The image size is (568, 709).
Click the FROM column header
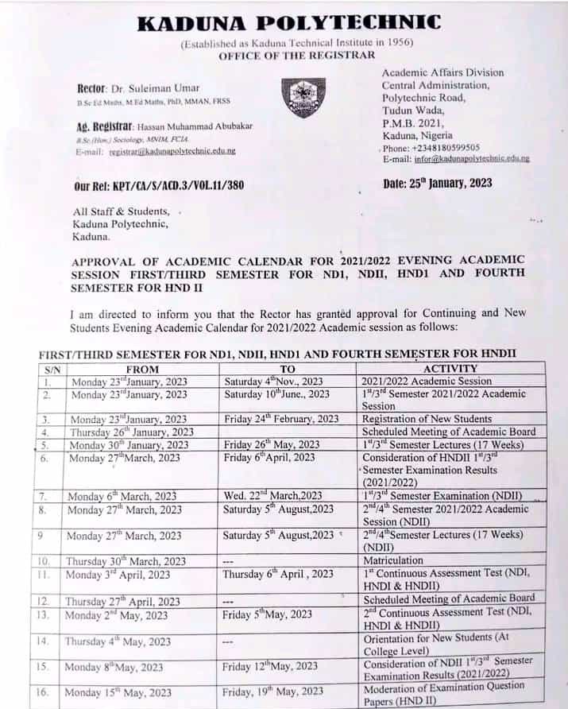(x=143, y=369)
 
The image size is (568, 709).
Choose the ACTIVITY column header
(x=450, y=369)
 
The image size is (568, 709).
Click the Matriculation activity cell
(x=393, y=560)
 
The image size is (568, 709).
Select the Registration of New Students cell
(x=427, y=419)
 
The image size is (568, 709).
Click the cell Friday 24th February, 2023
(x=281, y=419)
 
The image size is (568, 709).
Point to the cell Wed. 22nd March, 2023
(x=272, y=496)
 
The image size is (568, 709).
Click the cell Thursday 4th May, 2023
(x=118, y=641)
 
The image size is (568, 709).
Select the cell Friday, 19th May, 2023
(x=273, y=692)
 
